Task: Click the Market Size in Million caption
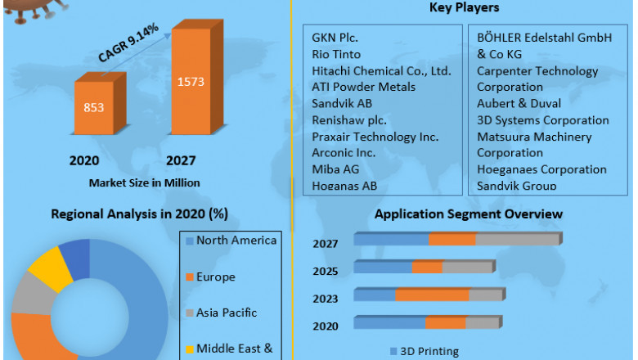click(144, 182)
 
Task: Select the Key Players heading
click(465, 8)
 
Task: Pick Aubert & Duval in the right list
click(519, 103)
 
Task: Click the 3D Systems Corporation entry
click(542, 119)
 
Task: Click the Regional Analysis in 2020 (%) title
click(139, 214)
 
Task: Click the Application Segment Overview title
click(468, 214)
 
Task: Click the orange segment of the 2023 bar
click(432, 295)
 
